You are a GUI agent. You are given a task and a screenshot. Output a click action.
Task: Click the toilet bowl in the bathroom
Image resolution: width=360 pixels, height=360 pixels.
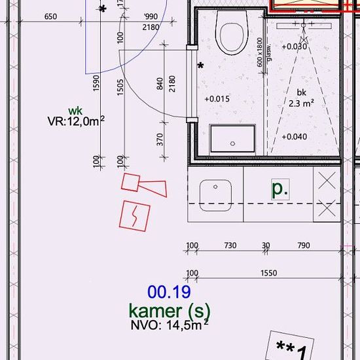tap(232, 32)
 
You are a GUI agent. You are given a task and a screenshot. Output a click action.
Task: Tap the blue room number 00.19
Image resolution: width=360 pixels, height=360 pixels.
tap(169, 292)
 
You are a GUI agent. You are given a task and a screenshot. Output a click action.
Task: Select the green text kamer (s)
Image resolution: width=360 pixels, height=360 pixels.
tap(170, 310)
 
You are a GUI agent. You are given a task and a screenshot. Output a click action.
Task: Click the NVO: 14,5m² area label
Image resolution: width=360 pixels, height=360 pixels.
tap(170, 325)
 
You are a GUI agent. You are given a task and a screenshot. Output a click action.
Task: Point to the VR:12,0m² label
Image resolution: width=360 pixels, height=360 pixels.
tap(76, 121)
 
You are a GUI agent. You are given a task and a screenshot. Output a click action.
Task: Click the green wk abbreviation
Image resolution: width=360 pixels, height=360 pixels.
tap(75, 111)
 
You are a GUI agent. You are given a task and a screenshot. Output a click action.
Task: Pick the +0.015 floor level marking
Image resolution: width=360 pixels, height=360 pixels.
tap(217, 99)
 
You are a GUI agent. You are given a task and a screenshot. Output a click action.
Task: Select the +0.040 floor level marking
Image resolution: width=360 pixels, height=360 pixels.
tap(295, 137)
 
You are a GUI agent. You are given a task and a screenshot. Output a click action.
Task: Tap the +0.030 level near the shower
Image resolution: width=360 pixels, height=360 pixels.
tap(295, 46)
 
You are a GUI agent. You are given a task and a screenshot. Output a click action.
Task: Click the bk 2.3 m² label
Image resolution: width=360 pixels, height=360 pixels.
tap(301, 98)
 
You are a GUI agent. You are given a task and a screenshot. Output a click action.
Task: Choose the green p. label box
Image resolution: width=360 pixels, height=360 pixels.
tap(280, 189)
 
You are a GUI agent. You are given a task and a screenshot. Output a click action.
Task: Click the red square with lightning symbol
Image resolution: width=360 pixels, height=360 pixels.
tap(135, 216)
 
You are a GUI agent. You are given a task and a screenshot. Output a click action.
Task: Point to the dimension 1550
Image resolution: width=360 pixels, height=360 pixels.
tap(268, 273)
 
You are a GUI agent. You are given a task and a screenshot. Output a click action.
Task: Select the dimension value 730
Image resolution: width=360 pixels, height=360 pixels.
tap(230, 245)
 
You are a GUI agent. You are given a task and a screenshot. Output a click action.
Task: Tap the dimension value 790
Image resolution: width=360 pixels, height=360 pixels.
tap(304, 245)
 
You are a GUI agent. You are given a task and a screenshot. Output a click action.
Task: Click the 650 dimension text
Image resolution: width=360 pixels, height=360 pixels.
tap(50, 16)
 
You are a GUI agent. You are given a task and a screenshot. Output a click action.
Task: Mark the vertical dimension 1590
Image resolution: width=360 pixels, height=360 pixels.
tap(96, 83)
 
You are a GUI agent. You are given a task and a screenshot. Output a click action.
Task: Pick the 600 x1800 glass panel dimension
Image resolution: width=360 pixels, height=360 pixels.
tap(259, 52)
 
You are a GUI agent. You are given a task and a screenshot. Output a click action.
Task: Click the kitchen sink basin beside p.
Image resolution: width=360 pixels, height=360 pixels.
tap(215, 195)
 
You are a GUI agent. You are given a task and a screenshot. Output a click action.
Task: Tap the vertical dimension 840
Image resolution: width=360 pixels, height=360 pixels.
tap(160, 84)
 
